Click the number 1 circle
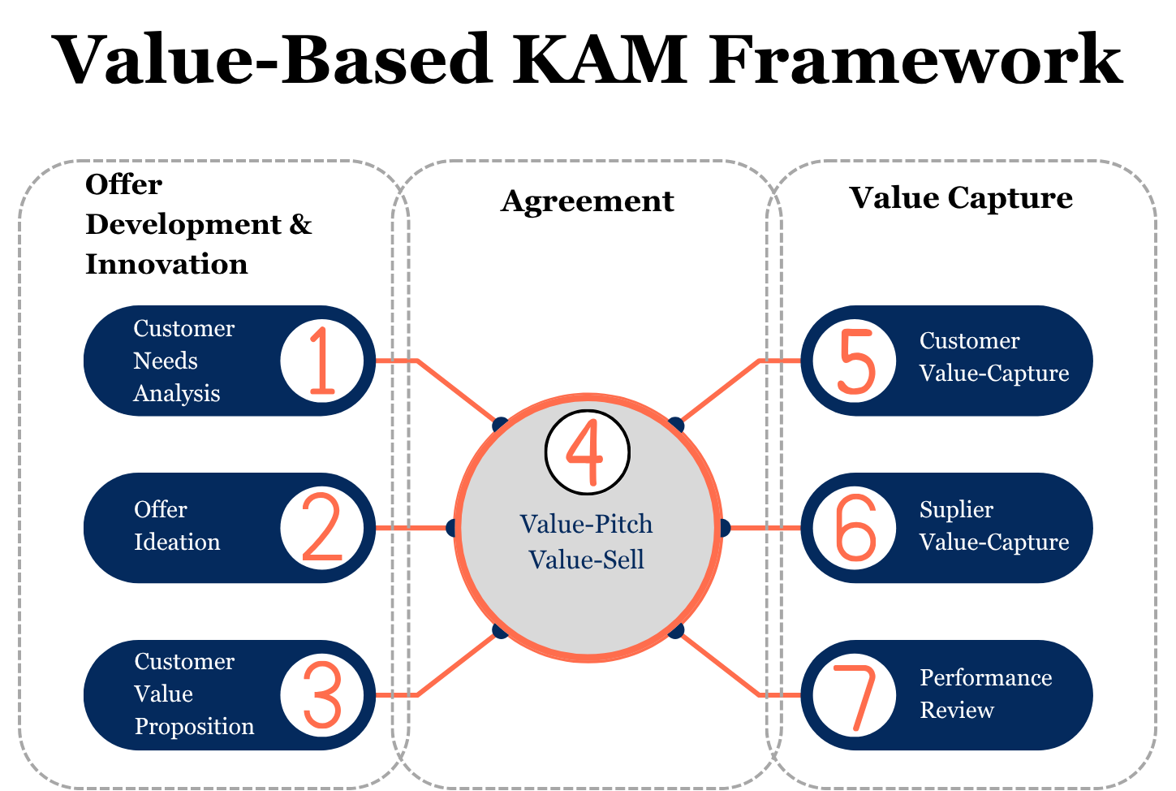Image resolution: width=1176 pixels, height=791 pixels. click(321, 361)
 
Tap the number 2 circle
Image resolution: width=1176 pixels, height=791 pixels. click(321, 528)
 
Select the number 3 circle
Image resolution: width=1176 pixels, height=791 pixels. click(321, 695)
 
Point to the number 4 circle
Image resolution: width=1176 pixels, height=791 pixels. click(587, 452)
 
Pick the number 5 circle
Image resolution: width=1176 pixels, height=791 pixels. click(855, 361)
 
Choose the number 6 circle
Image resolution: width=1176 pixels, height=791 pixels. click(855, 528)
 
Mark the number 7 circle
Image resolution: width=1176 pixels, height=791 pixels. click(855, 696)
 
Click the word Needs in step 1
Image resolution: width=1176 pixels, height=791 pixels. click(166, 361)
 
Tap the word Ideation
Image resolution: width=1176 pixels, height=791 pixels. click(177, 542)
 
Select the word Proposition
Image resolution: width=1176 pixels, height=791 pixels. click(194, 726)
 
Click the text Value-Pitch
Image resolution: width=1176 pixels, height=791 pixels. click(586, 524)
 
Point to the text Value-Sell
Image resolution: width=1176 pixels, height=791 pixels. click(586, 560)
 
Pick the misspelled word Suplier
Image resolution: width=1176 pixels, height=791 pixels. click(956, 510)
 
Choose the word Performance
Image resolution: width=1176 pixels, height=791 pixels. click(985, 677)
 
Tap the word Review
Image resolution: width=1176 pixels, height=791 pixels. click(956, 710)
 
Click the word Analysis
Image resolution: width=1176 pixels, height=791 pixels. click(176, 393)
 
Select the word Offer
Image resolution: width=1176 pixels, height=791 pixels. click(160, 509)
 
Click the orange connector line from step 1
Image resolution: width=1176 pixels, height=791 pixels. click(454, 390)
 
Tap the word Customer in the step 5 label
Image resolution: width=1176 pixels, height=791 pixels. click(969, 341)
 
